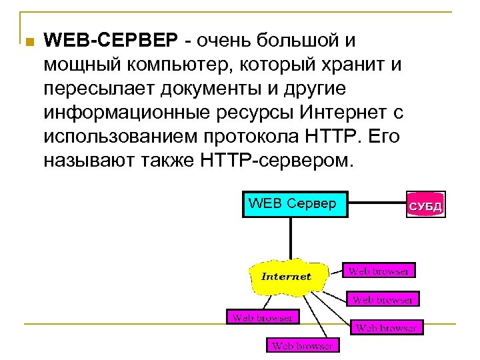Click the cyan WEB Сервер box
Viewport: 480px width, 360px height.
coord(295,205)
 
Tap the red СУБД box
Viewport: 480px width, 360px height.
coord(425,206)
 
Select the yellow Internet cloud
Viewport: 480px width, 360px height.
coord(285,276)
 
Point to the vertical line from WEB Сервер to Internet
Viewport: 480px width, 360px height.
coord(291,237)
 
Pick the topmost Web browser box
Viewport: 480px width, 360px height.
coord(379,271)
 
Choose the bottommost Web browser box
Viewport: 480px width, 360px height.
coord(303,345)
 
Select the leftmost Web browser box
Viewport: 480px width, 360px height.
coord(262,317)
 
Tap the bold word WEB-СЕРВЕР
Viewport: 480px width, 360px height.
coord(111,41)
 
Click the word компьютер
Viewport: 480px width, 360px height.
coord(175,65)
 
